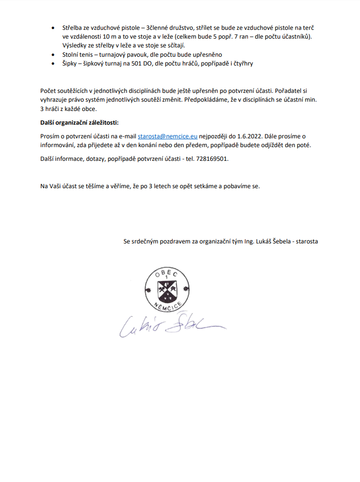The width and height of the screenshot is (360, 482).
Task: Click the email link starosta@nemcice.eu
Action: [167, 136]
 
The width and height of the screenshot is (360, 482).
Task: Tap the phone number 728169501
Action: [213, 159]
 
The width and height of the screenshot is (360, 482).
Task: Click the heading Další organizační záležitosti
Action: [79, 122]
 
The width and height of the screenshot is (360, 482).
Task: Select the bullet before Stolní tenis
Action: [53, 55]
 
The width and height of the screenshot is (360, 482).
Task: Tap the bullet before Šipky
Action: [53, 64]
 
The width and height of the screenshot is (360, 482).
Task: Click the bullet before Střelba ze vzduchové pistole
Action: [53, 28]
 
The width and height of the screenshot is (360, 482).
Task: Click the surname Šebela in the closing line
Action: [279, 241]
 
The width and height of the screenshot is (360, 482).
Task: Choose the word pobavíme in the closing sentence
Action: [236, 186]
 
